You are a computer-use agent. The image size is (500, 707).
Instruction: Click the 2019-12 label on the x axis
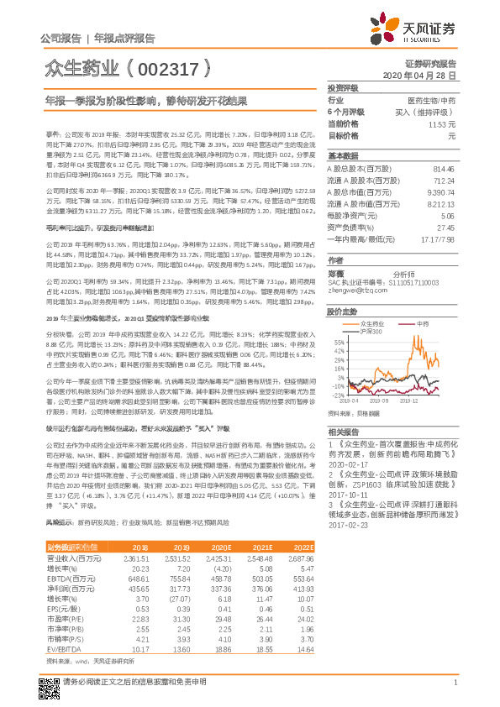coord(408,401)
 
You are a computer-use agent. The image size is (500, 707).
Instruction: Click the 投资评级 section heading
coord(343,87)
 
